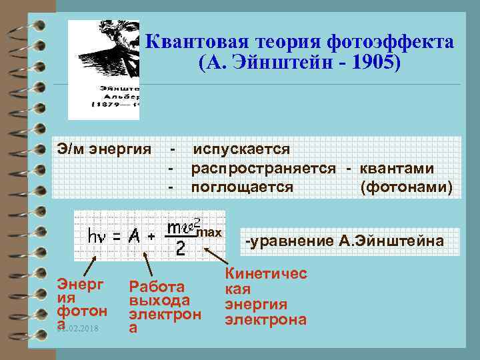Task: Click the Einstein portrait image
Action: click(x=104, y=70)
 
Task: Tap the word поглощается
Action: click(x=242, y=187)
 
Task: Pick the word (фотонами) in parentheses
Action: click(x=407, y=187)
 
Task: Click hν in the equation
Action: click(x=101, y=236)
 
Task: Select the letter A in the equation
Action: click(x=135, y=235)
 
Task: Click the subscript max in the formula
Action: click(x=211, y=232)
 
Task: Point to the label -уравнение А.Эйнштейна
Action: click(x=345, y=241)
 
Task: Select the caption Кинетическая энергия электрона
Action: click(x=265, y=297)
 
